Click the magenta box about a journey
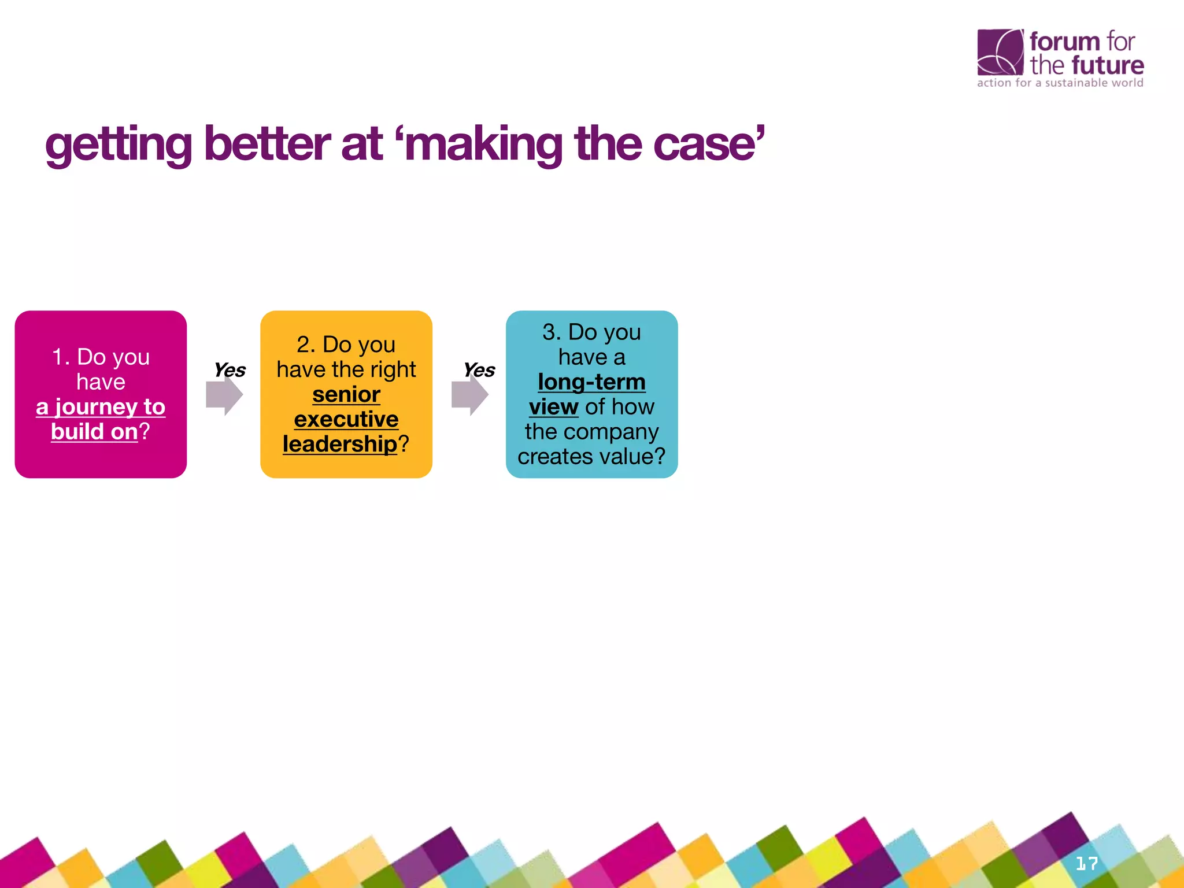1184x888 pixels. coord(101,394)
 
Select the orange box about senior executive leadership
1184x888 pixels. coord(346,394)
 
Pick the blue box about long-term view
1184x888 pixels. coord(591,394)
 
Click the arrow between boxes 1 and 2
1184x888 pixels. coord(224,395)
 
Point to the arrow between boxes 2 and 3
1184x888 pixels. coord(469,395)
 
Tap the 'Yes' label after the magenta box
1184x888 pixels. coord(230,370)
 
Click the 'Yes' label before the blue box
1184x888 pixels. coord(479,370)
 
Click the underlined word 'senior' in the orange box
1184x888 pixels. coord(346,394)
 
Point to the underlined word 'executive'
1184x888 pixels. coord(346,419)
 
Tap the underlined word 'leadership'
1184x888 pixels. coord(339,444)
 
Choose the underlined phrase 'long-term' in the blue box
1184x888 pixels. coord(591,382)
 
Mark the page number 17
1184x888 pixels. coord(1086,864)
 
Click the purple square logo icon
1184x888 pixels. coord(1000,52)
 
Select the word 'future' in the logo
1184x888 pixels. coord(1107,65)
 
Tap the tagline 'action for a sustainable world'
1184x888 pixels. coord(1060,83)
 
